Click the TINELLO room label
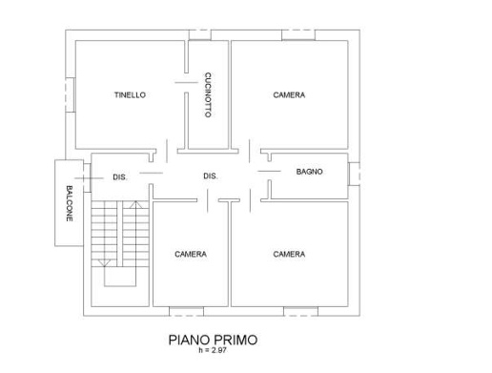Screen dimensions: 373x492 tap(130, 95)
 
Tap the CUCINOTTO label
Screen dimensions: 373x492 tap(208, 95)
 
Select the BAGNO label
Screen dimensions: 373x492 tap(309, 172)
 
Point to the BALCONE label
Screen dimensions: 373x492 tap(70, 203)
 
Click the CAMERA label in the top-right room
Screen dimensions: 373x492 tap(289, 95)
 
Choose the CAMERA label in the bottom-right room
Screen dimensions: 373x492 tap(289, 254)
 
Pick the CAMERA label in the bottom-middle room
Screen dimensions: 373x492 tap(191, 254)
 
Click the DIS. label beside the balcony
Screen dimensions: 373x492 tap(120, 176)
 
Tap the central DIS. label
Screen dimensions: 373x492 tap(212, 176)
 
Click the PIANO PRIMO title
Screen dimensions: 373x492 tap(213, 339)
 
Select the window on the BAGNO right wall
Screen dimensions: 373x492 tap(354, 174)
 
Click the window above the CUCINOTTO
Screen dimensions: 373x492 tap(200, 34)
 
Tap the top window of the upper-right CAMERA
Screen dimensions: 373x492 tap(297, 35)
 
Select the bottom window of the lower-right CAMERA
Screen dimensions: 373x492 tap(301, 311)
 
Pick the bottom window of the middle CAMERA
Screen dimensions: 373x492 tap(186, 311)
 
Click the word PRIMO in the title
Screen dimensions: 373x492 tap(234, 339)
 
